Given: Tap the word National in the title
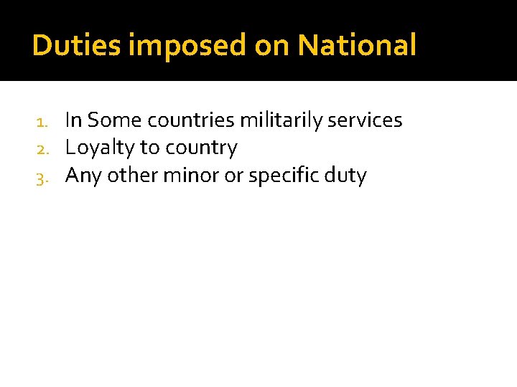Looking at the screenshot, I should (357, 46).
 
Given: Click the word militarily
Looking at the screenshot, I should (281, 120).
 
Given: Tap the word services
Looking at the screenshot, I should (365, 120).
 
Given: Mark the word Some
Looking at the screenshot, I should (114, 120).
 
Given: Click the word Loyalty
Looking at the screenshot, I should (100, 148).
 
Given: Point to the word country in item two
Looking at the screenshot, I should (202, 148).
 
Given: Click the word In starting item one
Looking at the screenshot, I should (73, 120).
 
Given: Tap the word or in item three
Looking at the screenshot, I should (233, 176).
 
